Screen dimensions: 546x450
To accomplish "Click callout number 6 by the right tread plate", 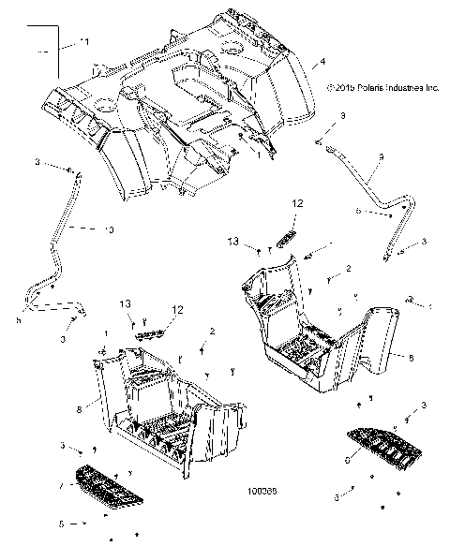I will pyautogui.click(x=350, y=460).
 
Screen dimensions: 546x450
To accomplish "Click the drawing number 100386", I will pyautogui.click(x=259, y=514).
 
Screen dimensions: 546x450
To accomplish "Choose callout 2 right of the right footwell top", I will pyautogui.click(x=348, y=269).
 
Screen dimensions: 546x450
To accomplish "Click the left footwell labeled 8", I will pyautogui.click(x=159, y=403).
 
